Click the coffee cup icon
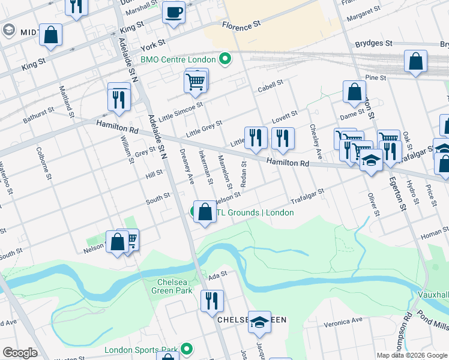click(174, 13)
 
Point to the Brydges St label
click(373, 44)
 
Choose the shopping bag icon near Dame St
click(354, 92)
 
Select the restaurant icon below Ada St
click(211, 301)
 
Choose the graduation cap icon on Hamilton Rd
click(371, 161)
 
